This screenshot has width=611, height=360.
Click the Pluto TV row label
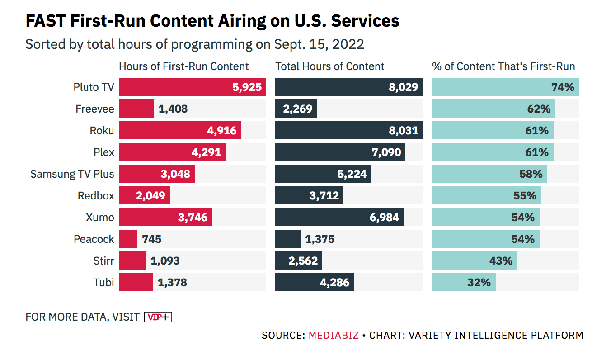click(94, 87)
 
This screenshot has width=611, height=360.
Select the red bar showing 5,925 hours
click(192, 87)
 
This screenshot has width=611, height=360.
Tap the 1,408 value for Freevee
click(173, 109)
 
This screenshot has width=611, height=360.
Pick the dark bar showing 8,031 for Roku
click(348, 130)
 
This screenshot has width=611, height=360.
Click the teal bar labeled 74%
click(505, 87)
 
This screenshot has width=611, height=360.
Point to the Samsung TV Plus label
click(72, 174)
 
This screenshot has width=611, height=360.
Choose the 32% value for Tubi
click(479, 282)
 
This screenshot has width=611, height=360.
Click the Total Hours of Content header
click(329, 66)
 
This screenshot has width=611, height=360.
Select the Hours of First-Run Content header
click(183, 66)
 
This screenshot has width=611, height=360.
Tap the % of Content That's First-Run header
click(503, 66)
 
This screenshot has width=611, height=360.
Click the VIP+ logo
click(158, 317)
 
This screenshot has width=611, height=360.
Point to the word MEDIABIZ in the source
click(334, 336)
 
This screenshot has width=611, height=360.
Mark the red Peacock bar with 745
click(128, 239)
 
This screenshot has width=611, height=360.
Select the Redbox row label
click(96, 195)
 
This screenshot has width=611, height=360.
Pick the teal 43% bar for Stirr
click(475, 261)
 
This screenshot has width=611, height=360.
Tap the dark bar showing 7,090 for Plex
click(340, 152)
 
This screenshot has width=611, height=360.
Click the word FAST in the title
click(45, 21)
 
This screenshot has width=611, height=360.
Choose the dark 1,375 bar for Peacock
click(287, 239)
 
